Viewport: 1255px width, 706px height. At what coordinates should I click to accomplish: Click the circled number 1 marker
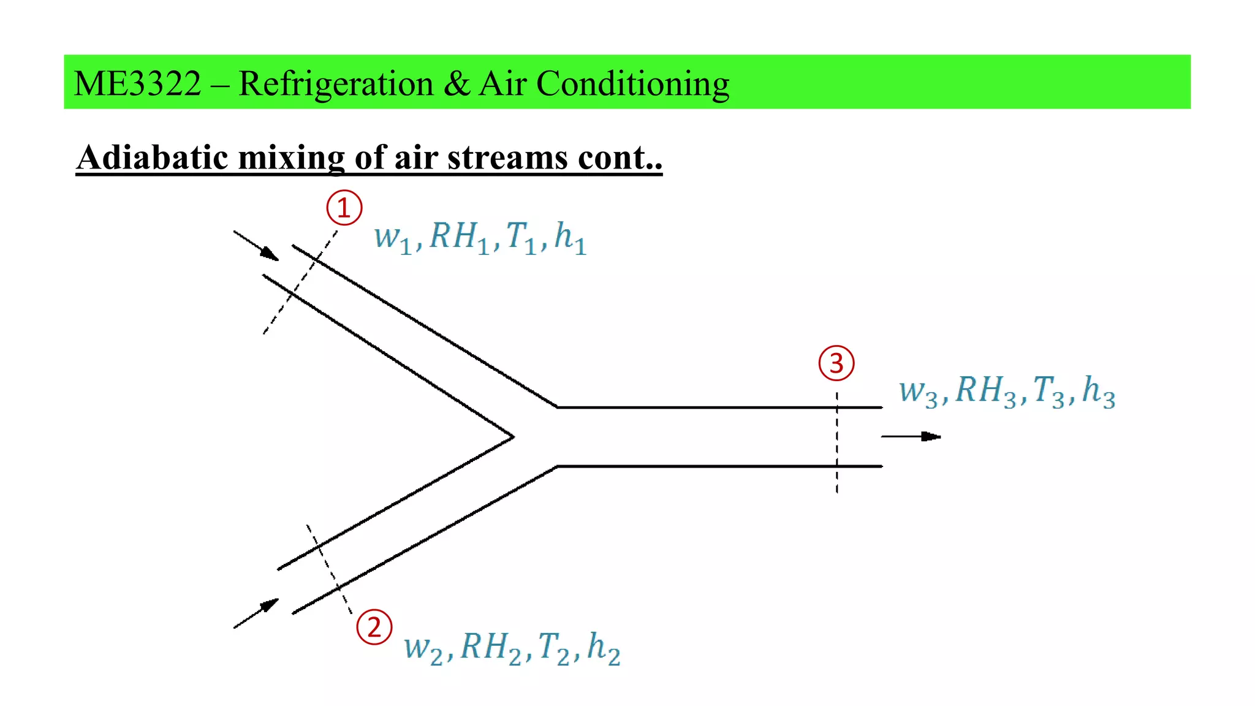point(344,208)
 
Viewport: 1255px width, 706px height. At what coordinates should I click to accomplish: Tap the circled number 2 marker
point(374,627)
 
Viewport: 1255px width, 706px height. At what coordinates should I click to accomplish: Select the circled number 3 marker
point(836,363)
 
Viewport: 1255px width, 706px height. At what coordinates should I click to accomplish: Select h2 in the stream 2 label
point(604,648)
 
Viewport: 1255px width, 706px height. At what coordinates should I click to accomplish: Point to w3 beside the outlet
point(918,392)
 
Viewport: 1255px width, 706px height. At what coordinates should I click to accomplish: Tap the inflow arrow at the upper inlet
point(257,246)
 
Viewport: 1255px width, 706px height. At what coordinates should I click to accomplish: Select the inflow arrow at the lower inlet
point(257,613)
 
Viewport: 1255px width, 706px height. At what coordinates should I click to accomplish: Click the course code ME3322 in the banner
point(137,83)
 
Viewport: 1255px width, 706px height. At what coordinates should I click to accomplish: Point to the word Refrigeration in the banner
point(336,83)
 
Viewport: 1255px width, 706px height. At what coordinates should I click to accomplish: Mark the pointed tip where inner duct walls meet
point(512,437)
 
